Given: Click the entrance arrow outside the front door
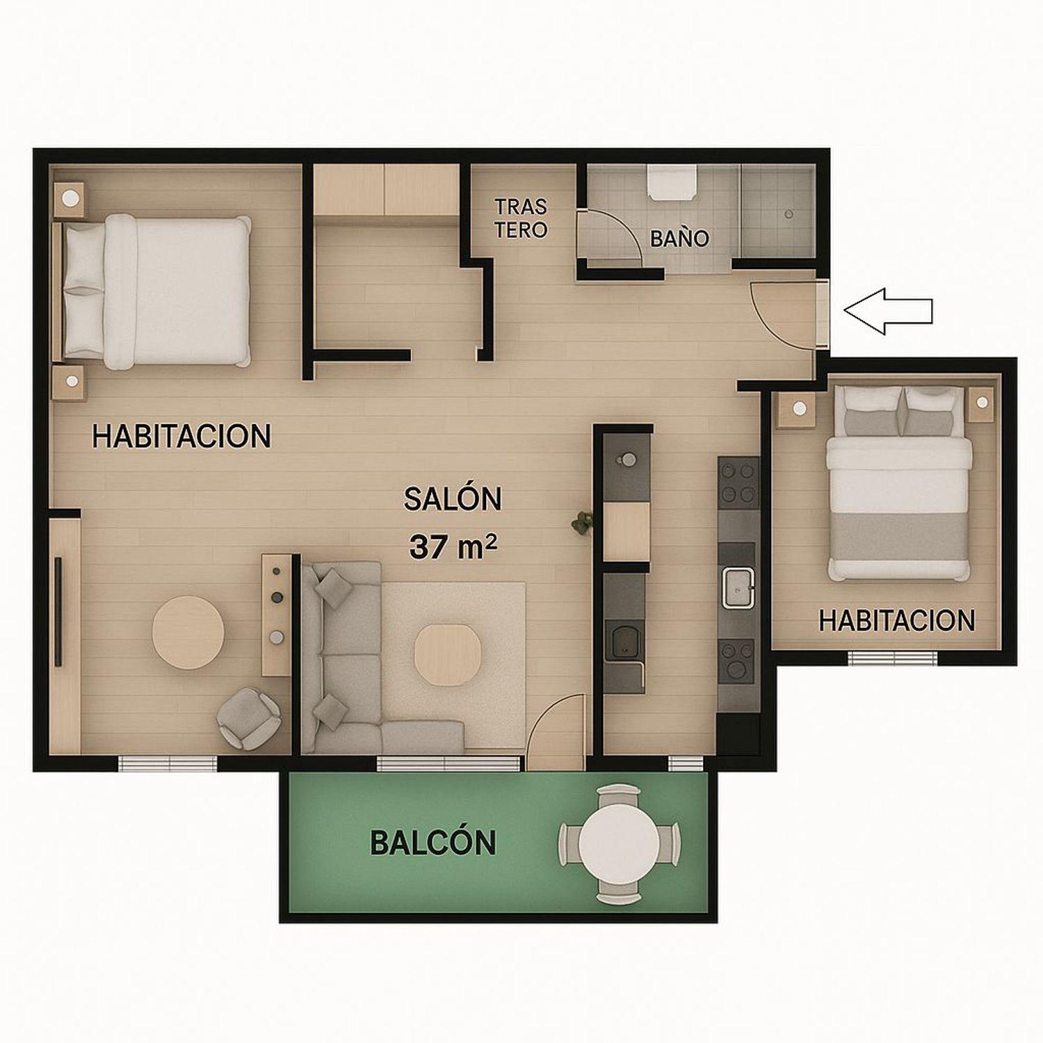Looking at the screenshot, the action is click(x=888, y=311).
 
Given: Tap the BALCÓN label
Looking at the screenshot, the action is click(x=432, y=842).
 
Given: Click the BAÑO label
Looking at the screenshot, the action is click(x=679, y=238).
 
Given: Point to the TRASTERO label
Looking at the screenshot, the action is click(x=521, y=218).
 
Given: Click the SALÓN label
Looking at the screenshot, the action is click(x=453, y=499).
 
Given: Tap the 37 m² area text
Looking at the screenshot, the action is click(x=453, y=547).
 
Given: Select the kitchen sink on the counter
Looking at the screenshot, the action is click(x=737, y=587).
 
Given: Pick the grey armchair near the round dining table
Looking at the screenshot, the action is click(x=249, y=718).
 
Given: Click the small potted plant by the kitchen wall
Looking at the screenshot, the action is click(x=582, y=523).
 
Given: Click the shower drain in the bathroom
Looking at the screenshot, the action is click(x=789, y=214).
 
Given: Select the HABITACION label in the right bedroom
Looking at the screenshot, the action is click(x=897, y=620).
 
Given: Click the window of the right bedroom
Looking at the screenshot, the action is click(x=892, y=657).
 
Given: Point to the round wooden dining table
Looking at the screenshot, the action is click(x=188, y=632).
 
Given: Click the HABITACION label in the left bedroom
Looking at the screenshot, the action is click(x=181, y=436).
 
